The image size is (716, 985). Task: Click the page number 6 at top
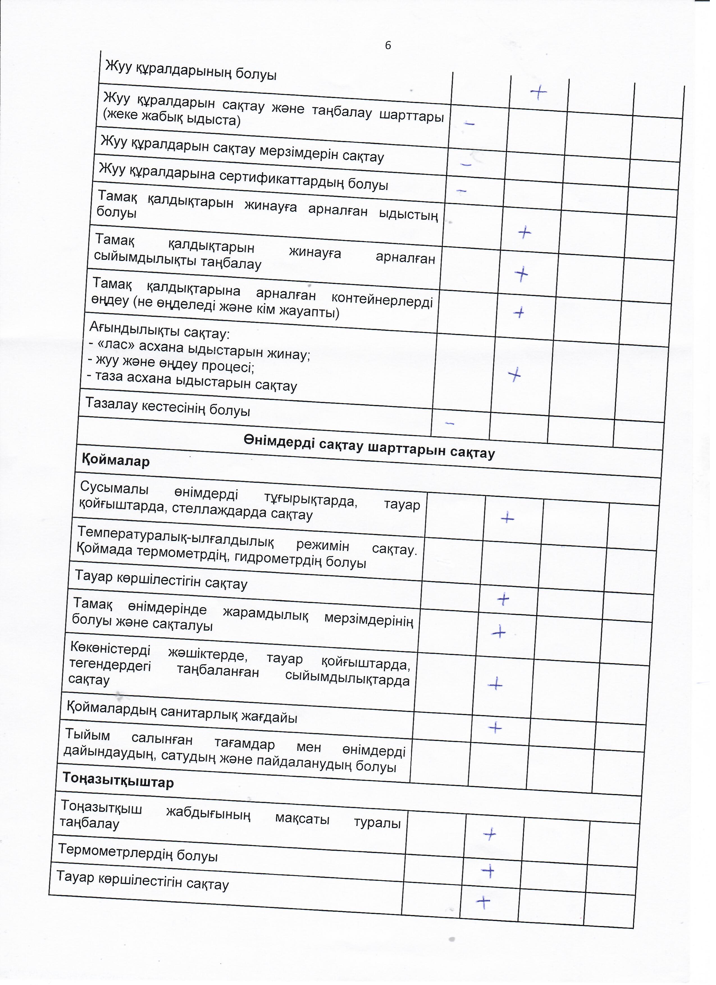[x=388, y=46]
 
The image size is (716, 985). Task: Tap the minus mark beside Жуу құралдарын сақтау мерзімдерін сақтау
[x=466, y=165]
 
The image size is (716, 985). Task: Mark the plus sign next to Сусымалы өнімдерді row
[x=507, y=518]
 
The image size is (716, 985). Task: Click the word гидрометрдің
[x=278, y=560]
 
